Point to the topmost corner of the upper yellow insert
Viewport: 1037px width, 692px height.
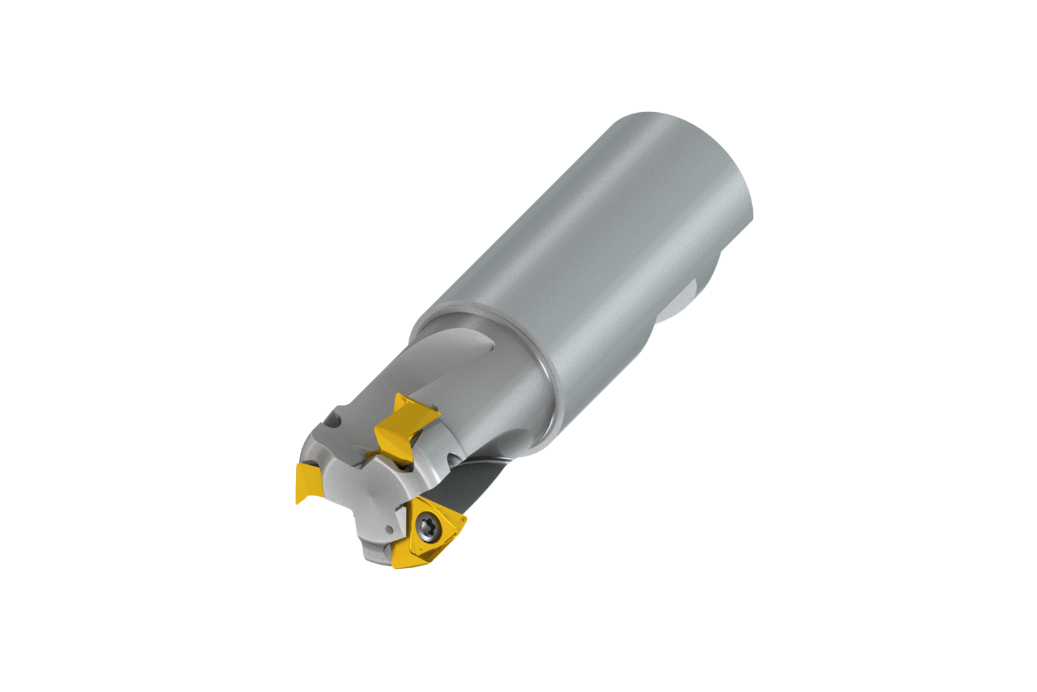pyautogui.click(x=400, y=395)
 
